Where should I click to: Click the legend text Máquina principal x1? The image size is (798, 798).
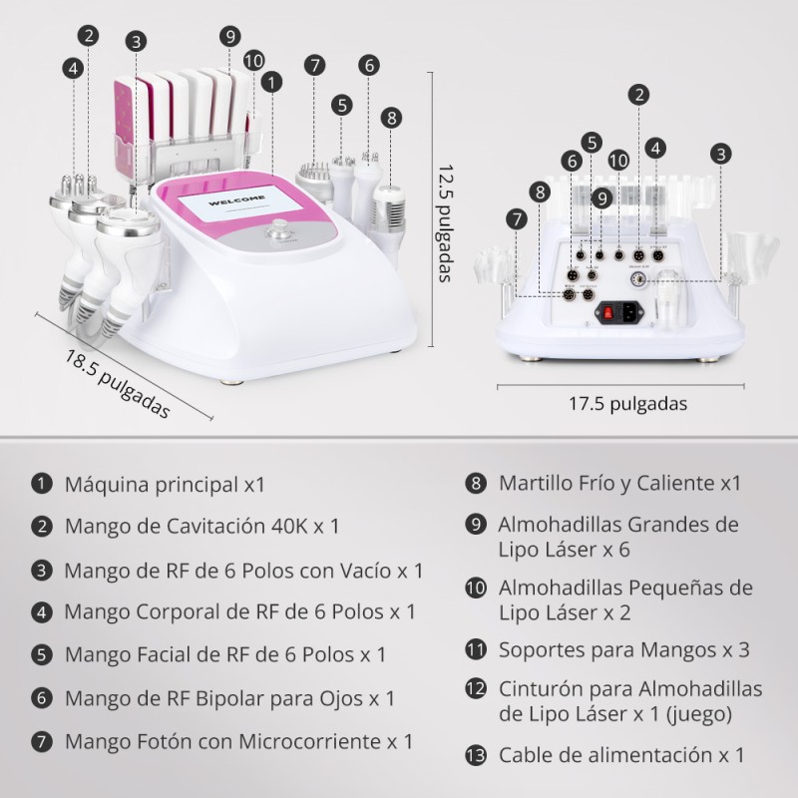pyautogui.click(x=165, y=485)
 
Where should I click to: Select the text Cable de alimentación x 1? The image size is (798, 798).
pyautogui.click(x=621, y=755)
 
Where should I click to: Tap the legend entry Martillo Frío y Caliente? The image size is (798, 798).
pyautogui.click(x=619, y=484)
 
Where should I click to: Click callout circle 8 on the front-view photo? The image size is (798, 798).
pyautogui.click(x=391, y=117)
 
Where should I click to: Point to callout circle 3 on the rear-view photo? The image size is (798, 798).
pyautogui.click(x=721, y=154)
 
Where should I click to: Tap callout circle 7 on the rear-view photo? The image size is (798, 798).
pyautogui.click(x=516, y=218)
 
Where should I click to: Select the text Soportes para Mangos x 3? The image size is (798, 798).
pyautogui.click(x=624, y=650)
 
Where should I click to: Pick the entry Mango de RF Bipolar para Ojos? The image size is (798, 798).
pyautogui.click(x=229, y=698)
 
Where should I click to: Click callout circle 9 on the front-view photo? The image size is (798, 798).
pyautogui.click(x=230, y=36)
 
